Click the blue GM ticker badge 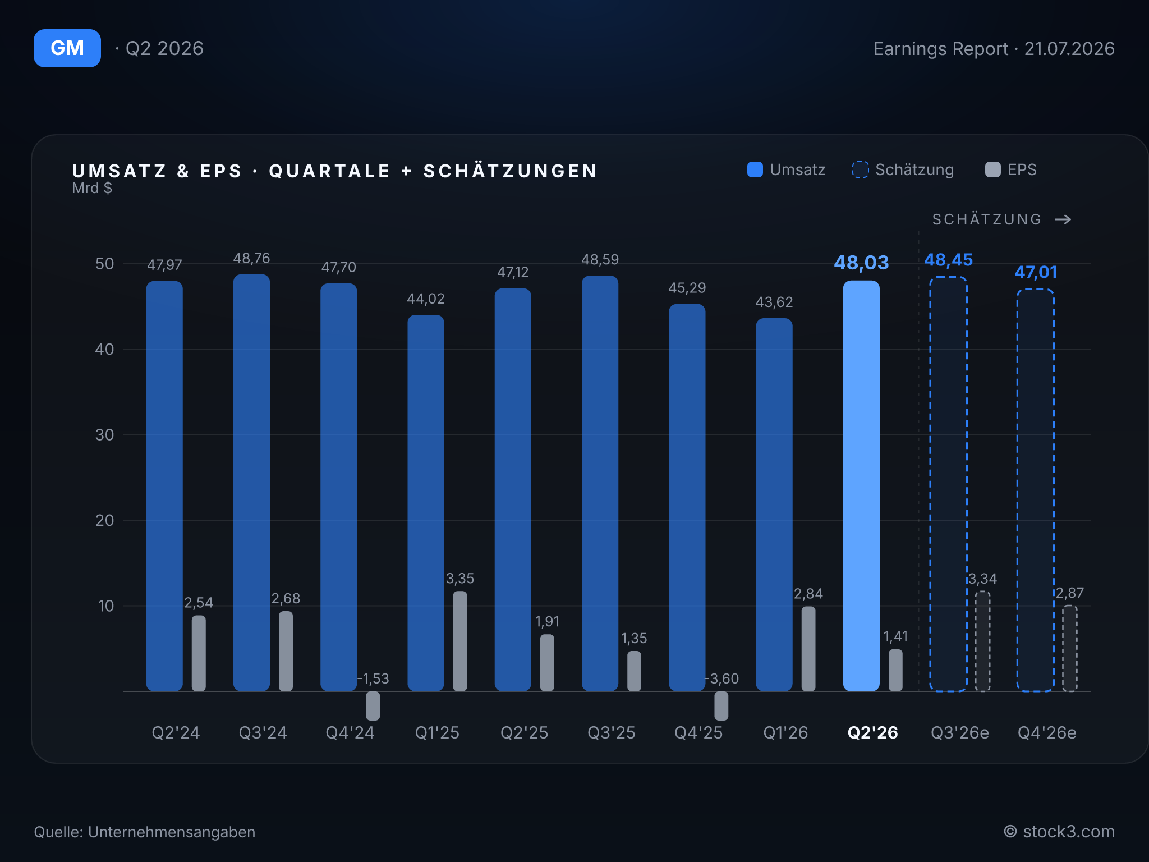pyautogui.click(x=67, y=48)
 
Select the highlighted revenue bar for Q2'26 pyautogui.click(x=861, y=485)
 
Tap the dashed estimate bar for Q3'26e pyautogui.click(x=948, y=484)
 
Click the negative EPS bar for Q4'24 pyautogui.click(x=373, y=705)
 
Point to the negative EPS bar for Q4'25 pyautogui.click(x=721, y=705)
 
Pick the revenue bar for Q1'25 pyautogui.click(x=426, y=503)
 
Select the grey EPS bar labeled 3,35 pyautogui.click(x=460, y=641)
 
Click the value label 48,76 pyautogui.click(x=251, y=258)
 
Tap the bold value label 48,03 pyautogui.click(x=861, y=262)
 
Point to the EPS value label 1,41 pyautogui.click(x=895, y=636)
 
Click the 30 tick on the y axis pyautogui.click(x=105, y=435)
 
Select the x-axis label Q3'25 pyautogui.click(x=612, y=732)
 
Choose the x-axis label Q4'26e pyautogui.click(x=1047, y=732)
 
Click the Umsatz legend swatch pyautogui.click(x=755, y=169)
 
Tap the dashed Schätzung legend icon pyautogui.click(x=860, y=169)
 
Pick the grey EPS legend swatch pyautogui.click(x=993, y=169)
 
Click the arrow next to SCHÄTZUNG pyautogui.click(x=1063, y=219)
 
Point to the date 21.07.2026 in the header pyautogui.click(x=1069, y=49)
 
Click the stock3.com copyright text pyautogui.click(x=1059, y=831)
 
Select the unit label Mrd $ pyautogui.click(x=92, y=188)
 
